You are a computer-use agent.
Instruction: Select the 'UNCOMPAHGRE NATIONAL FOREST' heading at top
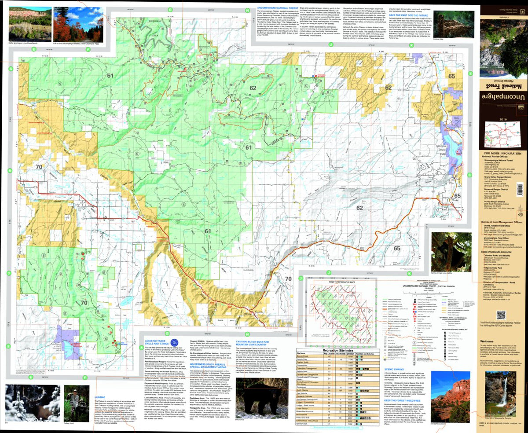tap(279, 7)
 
